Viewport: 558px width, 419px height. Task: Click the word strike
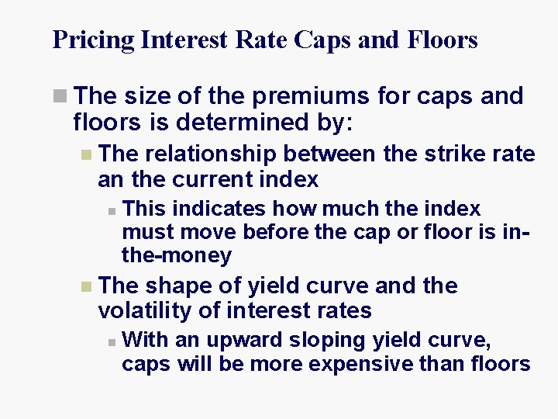456,154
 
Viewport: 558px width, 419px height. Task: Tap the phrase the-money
177,255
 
